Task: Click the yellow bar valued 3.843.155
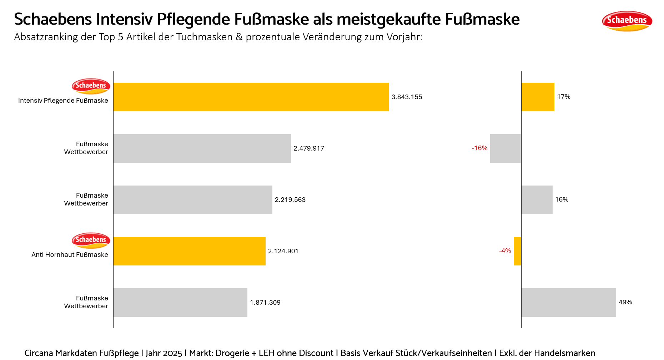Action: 251,97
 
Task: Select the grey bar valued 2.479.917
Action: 202,148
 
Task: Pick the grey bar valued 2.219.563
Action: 192,200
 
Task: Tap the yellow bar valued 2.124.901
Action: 189,251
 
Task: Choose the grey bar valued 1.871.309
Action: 180,303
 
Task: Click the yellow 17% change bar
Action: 538,97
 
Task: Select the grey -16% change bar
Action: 505,148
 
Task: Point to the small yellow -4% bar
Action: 517,251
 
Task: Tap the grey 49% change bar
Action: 568,303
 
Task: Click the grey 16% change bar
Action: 537,200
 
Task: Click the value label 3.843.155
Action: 407,97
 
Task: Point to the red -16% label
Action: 479,148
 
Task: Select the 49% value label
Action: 625,302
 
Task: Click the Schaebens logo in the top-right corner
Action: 627,21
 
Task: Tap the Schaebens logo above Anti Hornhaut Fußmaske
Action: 91,240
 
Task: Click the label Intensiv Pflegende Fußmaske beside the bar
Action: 63,101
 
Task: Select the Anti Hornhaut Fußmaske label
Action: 70,255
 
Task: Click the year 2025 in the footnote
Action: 172,353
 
